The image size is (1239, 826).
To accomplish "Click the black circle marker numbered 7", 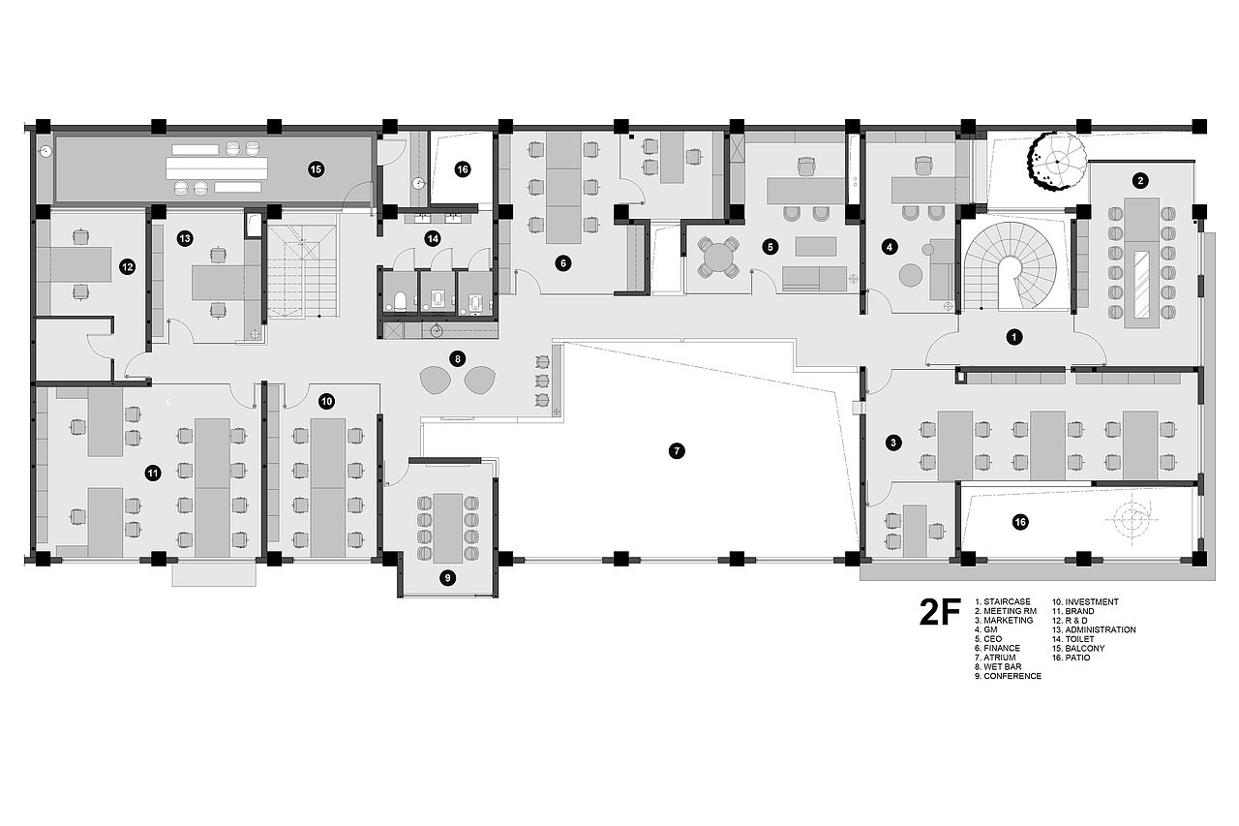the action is coord(677,451).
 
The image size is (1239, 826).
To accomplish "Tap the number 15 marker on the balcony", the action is coord(316,169).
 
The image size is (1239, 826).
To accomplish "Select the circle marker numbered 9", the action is coord(447,579).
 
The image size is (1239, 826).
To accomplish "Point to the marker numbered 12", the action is coord(127,267).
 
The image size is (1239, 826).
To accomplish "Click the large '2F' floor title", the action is coord(940,612).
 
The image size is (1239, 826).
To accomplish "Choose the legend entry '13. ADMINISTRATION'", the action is coord(1094,629).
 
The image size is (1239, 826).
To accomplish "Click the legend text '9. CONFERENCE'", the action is coord(1008,676).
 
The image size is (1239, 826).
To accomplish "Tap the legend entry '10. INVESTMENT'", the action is coord(1085,601).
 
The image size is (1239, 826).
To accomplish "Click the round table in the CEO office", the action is coord(718,258).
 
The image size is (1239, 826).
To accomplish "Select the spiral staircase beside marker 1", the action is coord(1010,266).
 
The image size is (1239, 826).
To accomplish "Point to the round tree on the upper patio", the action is coord(1057,161).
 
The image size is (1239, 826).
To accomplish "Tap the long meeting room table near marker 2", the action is coord(1141,263).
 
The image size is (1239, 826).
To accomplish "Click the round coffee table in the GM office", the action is coord(910,275).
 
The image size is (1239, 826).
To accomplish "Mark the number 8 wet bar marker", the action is coord(458,359).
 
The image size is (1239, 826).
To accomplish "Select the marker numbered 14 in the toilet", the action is coord(433,239).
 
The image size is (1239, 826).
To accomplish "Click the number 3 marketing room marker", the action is coord(892,443).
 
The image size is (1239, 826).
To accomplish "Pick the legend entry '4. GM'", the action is coord(986,629).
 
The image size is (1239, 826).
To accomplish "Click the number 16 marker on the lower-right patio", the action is coord(1020,522).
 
